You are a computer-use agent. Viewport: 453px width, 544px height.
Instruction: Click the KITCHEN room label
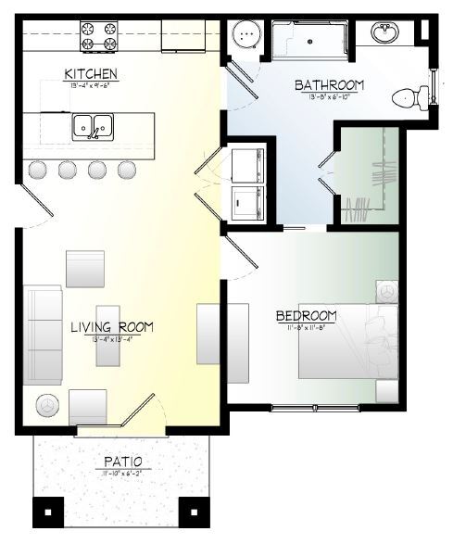pos(90,74)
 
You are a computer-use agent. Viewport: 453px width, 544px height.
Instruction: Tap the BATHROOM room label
pos(329,85)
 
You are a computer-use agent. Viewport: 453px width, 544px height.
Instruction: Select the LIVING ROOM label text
pos(110,327)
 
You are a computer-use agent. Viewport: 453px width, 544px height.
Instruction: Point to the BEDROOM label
pos(306,317)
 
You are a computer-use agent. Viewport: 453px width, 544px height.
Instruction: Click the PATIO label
pos(122,461)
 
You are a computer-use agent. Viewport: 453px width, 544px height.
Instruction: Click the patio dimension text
pos(122,473)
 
